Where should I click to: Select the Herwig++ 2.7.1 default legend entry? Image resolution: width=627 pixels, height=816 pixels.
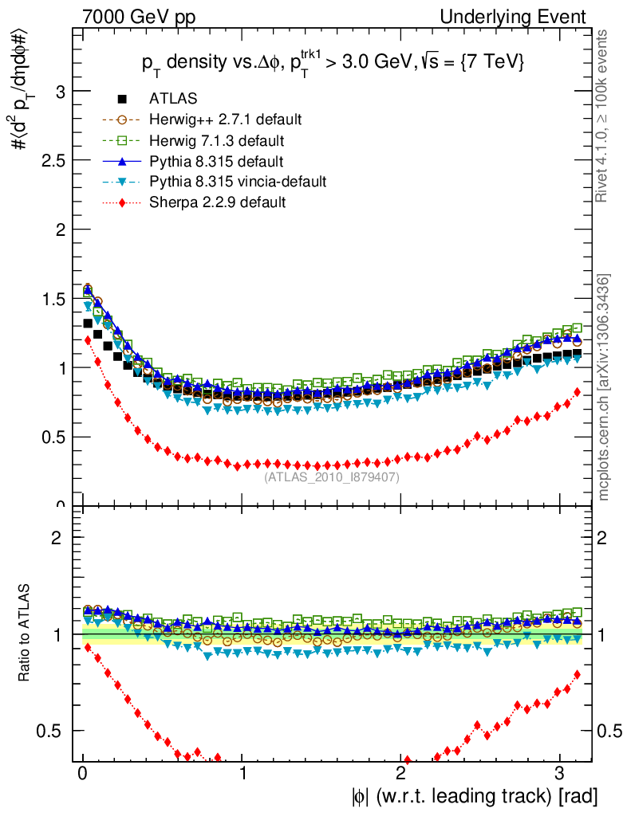tap(224, 120)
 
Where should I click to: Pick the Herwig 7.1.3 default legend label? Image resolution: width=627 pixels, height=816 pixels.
tap(217, 140)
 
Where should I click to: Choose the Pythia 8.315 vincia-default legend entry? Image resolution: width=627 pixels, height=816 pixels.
tap(237, 182)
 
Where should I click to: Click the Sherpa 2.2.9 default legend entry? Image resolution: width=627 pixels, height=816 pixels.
tap(217, 202)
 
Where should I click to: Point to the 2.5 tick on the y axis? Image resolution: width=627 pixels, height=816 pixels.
tap(52, 160)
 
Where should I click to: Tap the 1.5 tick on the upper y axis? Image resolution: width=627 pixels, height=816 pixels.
tap(52, 299)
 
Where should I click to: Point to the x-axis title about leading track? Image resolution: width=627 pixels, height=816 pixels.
tap(471, 795)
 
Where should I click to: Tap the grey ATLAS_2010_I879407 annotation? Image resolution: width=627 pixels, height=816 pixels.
tap(332, 477)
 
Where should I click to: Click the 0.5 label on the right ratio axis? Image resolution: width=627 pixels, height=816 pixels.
tap(610, 731)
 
